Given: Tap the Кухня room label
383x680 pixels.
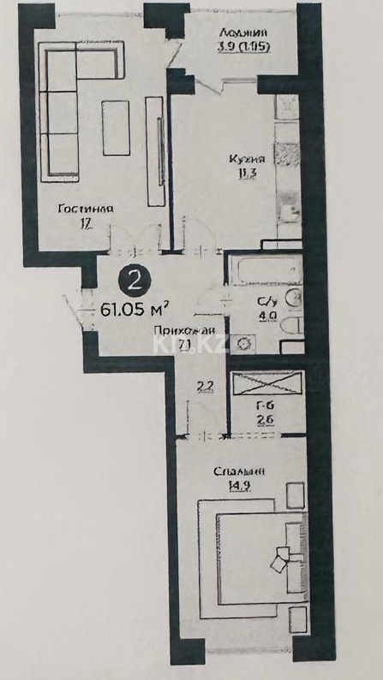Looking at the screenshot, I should [248, 159].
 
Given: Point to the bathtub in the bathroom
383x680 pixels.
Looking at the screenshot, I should [263, 271].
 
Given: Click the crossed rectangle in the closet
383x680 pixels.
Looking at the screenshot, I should [267, 382].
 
